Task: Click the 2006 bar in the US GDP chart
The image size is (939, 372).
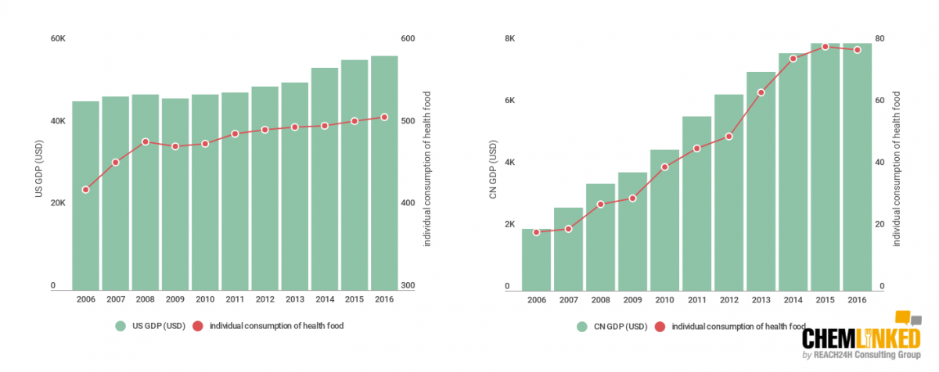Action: coord(85,195)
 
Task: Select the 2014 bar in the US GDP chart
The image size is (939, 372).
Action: coord(325,179)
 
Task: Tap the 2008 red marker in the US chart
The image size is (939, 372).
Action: coord(146,142)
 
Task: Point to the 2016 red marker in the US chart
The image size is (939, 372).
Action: coord(384,117)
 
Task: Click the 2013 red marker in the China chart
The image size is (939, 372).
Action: coord(761,92)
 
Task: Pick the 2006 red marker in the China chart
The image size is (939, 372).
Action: coord(537,232)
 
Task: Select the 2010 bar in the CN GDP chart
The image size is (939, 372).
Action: coord(665,220)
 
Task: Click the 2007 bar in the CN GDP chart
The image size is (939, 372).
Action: coord(568,249)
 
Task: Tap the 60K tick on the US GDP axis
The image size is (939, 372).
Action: coord(58,38)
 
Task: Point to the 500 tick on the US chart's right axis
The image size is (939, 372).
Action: coord(408,121)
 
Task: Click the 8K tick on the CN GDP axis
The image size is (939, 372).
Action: coord(509,38)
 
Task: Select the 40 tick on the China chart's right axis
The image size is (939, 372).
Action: coord(880,163)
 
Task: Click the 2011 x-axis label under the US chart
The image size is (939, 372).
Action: coord(235,299)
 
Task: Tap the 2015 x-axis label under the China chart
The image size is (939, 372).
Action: coord(825,300)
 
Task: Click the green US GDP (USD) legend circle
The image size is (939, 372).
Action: coord(121,326)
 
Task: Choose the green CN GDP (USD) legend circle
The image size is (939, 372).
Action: coord(582,327)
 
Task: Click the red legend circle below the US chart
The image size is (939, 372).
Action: coord(198,326)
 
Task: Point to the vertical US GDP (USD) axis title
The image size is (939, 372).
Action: coord(38,168)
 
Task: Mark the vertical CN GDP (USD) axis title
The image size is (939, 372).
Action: coord(493,169)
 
